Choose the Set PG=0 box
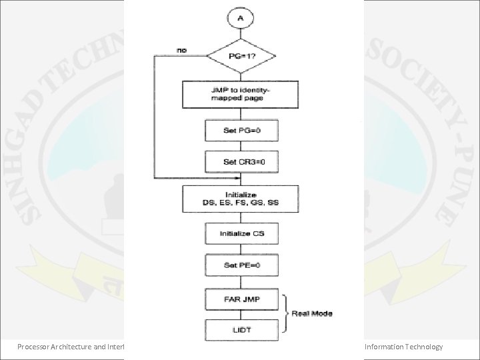(240, 130)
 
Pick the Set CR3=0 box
(240, 162)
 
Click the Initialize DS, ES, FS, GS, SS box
(240, 199)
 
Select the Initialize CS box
(240, 234)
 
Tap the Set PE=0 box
(240, 265)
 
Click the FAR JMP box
(240, 299)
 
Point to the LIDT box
(240, 331)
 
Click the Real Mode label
(312, 313)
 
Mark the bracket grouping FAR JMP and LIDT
(287, 313)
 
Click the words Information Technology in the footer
(403, 346)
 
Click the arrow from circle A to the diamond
(240, 35)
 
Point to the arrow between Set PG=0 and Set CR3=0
(240, 146)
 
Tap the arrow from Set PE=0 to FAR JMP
(240, 282)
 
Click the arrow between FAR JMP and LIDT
(240, 315)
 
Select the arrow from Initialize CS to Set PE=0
(240, 249)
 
